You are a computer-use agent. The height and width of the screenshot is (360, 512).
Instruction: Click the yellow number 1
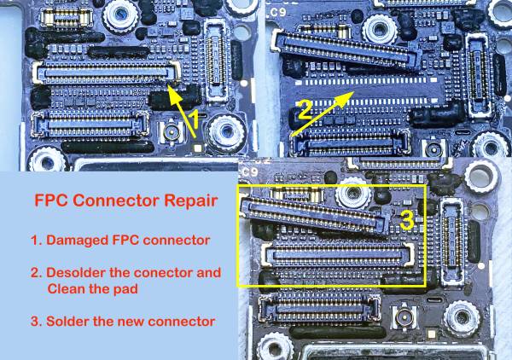pyautogui.click(x=194, y=121)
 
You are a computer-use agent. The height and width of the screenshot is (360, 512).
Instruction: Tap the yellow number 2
pyautogui.click(x=304, y=108)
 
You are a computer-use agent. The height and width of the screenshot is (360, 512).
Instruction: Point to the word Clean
pyautogui.click(x=65, y=288)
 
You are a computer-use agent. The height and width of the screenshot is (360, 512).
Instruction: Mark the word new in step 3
pyautogui.click(x=133, y=321)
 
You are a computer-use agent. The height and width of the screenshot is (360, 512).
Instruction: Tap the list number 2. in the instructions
pyautogui.click(x=36, y=272)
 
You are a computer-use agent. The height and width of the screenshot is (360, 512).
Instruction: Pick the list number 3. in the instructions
pyautogui.click(x=36, y=321)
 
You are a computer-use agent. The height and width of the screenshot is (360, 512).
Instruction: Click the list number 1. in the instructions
pyautogui.click(x=36, y=240)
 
